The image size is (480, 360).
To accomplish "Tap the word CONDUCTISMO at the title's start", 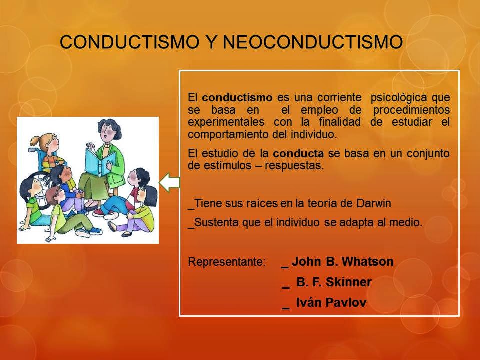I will click(x=127, y=42).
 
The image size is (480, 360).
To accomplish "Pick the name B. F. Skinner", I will click(x=334, y=282).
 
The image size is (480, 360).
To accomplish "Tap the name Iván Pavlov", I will click(x=328, y=302).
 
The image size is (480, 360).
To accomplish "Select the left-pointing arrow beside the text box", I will click(x=169, y=182).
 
